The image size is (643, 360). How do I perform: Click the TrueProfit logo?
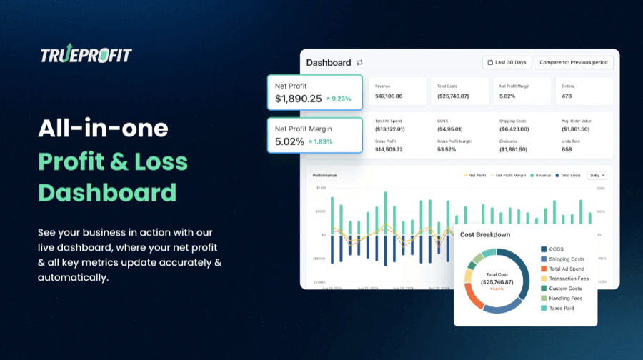pos(86,56)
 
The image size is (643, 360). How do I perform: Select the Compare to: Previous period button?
pos(573,62)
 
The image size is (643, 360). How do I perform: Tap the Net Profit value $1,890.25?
pos(298,99)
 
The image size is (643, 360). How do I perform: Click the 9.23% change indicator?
pos(339,99)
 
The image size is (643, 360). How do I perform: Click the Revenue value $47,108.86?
pos(389,96)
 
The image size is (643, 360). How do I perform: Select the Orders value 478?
pos(567,96)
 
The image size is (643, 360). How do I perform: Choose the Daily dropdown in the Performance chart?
pos(597,175)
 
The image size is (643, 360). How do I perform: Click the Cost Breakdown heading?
pos(485,234)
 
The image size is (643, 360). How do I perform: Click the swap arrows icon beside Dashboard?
pos(359,62)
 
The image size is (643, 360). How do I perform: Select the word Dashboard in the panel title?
pos(329,62)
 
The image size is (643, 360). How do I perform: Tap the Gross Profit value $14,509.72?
pos(389,149)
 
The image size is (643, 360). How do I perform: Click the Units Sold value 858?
pos(567,149)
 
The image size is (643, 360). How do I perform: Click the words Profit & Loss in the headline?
pos(113,161)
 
